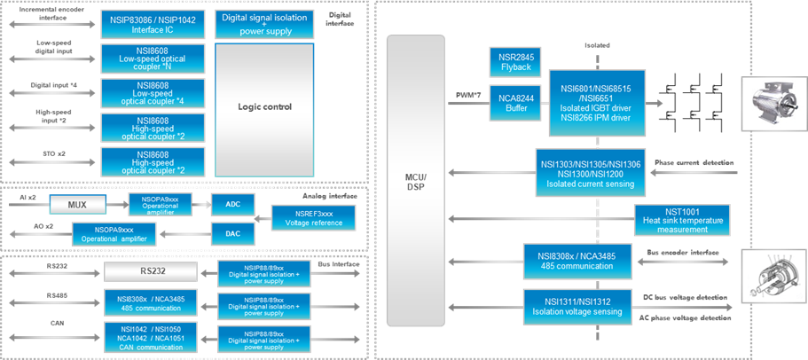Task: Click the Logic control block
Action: (264, 107)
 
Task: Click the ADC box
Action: (232, 205)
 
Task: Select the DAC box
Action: (232, 234)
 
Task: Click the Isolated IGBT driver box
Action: (596, 101)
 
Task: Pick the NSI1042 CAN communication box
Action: (148, 335)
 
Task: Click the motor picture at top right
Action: (772, 104)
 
